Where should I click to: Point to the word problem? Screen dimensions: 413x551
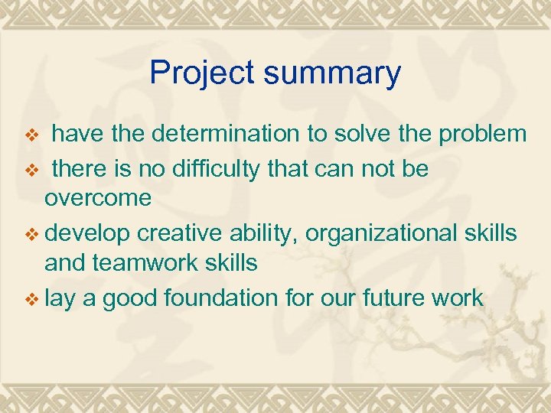pyautogui.click(x=482, y=134)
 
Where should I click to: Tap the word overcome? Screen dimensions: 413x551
pyautogui.click(x=98, y=198)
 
